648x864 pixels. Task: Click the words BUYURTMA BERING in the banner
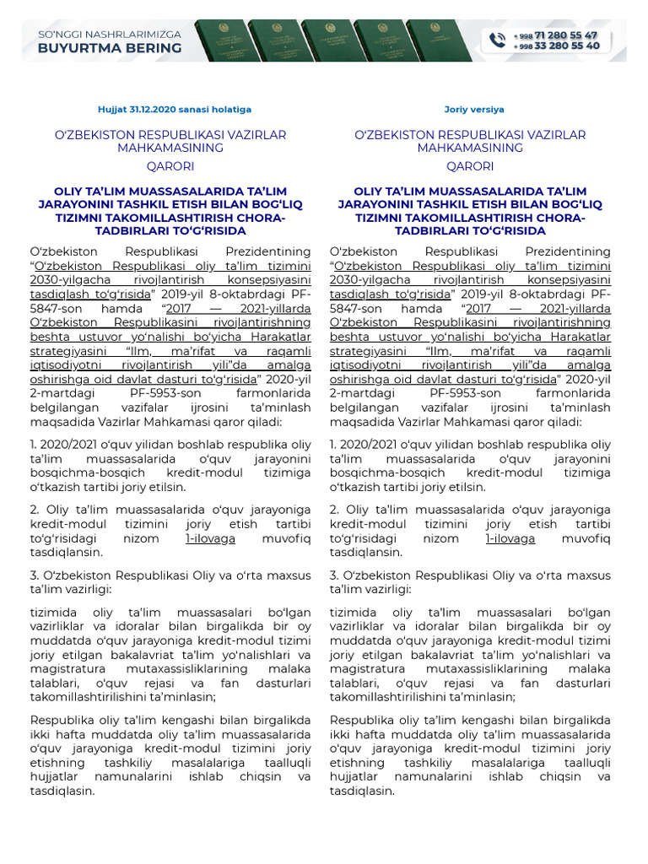coord(110,48)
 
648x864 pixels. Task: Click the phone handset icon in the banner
coord(496,40)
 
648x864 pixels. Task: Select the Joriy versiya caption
coord(474,110)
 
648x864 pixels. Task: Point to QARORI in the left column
coord(170,165)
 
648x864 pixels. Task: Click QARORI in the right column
coord(470,165)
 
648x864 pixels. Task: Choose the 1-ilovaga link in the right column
coord(510,538)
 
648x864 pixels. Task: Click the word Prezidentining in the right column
coord(567,251)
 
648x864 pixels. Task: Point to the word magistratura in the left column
coord(67,668)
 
